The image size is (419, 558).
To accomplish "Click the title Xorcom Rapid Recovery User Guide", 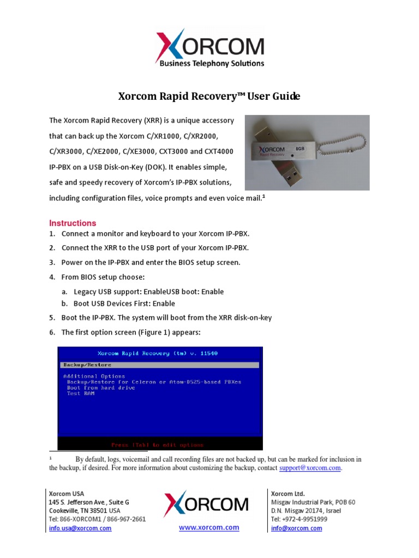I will pos(209,96).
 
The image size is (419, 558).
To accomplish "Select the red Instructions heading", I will pos(73,223).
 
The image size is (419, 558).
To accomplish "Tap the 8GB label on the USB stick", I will pos(300,148).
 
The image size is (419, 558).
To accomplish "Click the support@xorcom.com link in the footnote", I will pos(310,468).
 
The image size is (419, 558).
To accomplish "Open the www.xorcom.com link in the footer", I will pos(209,527).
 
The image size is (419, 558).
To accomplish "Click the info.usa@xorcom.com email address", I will pos(80,528).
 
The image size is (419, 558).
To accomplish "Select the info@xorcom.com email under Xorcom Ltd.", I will pos(296,528).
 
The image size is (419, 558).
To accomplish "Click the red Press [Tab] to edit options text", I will pos(157,445).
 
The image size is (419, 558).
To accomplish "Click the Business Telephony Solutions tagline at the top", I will pos(212,63).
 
